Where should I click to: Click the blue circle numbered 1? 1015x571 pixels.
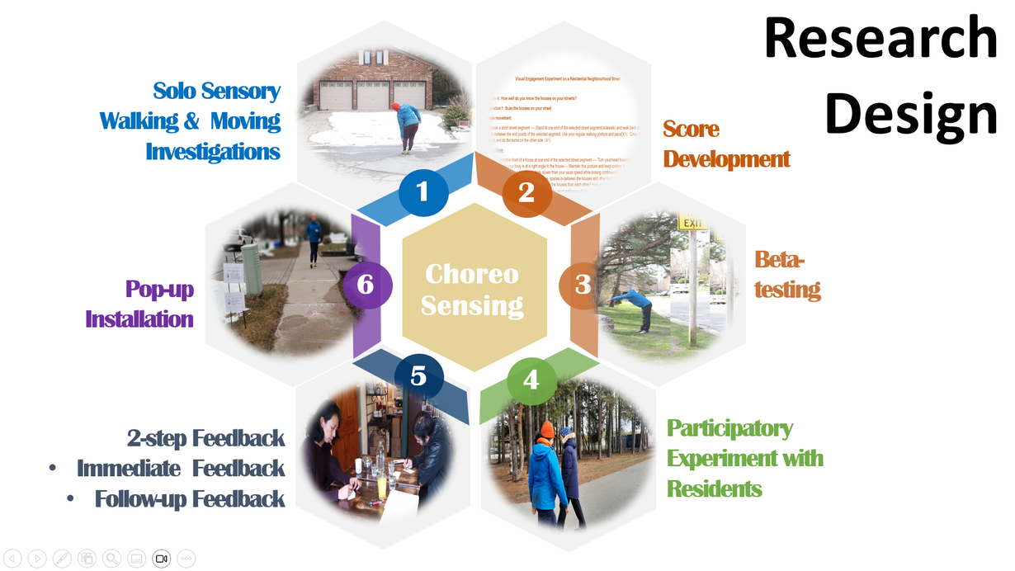(x=423, y=192)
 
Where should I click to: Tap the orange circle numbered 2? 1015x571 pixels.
(x=526, y=192)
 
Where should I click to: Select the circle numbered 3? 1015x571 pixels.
(x=583, y=285)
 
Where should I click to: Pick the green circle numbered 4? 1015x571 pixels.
(x=531, y=380)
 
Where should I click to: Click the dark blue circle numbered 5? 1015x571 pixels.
(x=418, y=376)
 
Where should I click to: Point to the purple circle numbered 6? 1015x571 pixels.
(x=366, y=285)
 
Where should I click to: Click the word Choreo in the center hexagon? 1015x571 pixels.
(x=471, y=274)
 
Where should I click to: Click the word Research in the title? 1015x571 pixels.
(x=880, y=38)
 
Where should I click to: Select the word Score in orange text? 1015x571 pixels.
(x=692, y=130)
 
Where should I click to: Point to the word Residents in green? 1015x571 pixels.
(x=715, y=488)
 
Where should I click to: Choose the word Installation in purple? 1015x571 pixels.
(x=139, y=319)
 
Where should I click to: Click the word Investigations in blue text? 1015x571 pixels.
(x=213, y=152)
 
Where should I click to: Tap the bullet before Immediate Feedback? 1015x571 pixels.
(x=53, y=469)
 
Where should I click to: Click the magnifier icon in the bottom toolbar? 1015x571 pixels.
(x=111, y=559)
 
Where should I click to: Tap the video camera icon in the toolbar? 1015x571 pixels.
(x=161, y=559)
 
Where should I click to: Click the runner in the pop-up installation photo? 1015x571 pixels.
(x=314, y=239)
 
